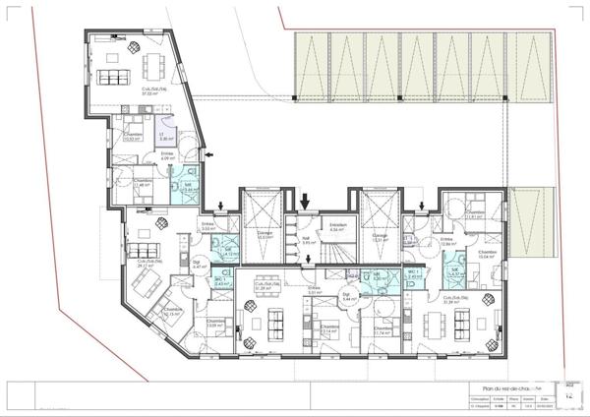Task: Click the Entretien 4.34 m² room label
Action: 337,228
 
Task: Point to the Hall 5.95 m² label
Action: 306,240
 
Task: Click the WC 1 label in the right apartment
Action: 414,275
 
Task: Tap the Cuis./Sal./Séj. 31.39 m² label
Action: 454,300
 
